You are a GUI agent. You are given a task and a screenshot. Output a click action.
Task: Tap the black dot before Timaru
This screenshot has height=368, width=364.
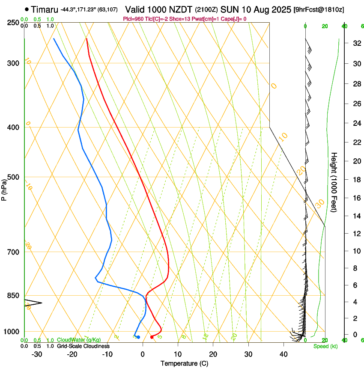[27, 9]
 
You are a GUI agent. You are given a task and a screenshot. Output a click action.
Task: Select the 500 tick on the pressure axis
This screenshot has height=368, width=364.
[14, 177]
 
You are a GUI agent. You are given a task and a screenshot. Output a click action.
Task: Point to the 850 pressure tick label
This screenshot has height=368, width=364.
[14, 296]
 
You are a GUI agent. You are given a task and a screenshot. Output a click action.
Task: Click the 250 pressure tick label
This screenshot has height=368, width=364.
[14, 22]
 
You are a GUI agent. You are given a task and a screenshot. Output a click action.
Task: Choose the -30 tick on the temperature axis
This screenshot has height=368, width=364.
[37, 354]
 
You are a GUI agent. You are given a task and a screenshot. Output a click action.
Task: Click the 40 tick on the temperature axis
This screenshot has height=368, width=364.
[283, 354]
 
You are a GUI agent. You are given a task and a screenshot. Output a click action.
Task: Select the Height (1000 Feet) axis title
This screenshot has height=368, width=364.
[334, 182]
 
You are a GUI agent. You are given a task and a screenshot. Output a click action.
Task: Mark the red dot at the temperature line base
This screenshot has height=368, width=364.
[152, 337]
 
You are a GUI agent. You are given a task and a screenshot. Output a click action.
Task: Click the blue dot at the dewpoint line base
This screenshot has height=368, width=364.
[138, 337]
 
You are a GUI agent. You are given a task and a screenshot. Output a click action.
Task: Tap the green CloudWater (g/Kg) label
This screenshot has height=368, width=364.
[79, 340]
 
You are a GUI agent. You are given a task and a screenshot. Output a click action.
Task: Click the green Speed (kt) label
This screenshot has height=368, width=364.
[325, 346]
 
